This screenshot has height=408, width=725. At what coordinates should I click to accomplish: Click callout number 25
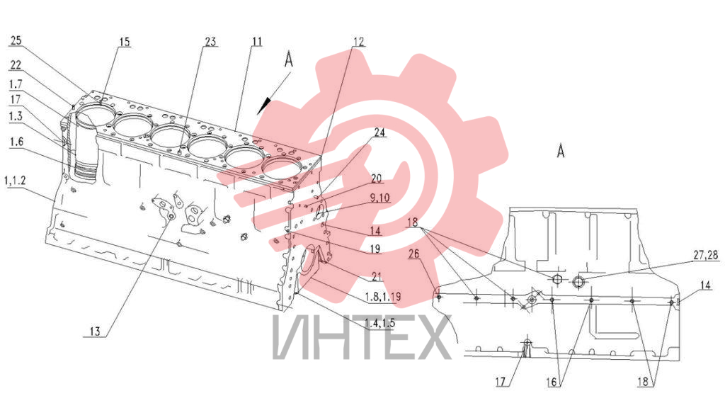[x=16, y=40]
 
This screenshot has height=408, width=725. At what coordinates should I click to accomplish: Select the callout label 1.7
[x=16, y=84]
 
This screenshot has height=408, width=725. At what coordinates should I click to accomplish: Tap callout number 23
[x=210, y=42]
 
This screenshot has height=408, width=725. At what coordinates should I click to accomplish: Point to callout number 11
[x=256, y=42]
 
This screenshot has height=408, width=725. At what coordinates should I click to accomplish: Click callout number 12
[x=358, y=42]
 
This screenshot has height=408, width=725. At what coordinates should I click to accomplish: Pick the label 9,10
[x=380, y=198]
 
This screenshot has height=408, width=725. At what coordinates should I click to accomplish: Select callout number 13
[x=95, y=331]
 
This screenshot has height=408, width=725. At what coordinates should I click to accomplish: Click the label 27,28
[x=706, y=255]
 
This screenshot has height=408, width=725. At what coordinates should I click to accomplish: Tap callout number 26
[x=413, y=254]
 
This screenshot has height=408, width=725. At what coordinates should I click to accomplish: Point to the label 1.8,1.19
[x=383, y=297]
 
